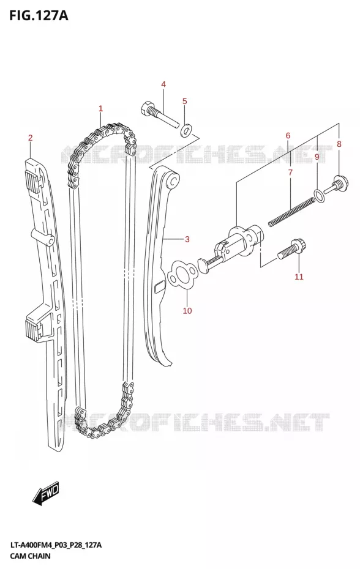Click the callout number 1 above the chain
pos(100,108)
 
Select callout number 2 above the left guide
pos(31,138)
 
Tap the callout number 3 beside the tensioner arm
pos(187,239)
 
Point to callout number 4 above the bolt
pos(163,84)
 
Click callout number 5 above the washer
pos(184,101)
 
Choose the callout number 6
pos(288,136)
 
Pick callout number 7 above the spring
pos(290,173)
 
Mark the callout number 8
pos(339,144)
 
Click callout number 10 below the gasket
pos(187,311)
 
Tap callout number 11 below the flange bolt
pos(299,277)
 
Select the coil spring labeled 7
pos(291,212)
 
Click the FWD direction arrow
pos(45,494)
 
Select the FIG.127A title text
pos(39,16)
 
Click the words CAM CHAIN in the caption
pos(31,556)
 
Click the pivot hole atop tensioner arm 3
pos(174,180)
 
